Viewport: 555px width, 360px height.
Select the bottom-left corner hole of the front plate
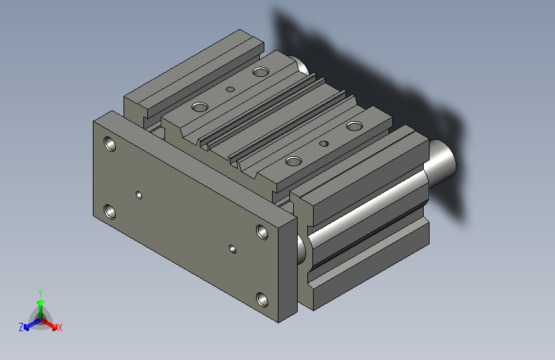pos(109,211)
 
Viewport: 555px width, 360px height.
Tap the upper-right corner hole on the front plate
pos(262,231)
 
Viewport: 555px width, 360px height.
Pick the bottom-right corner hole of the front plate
pos(262,299)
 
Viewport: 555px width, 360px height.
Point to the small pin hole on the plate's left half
pos(139,194)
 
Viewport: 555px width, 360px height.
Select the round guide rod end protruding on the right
pos(442,161)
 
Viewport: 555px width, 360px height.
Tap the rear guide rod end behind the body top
pos(300,66)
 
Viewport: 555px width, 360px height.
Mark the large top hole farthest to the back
pos(260,72)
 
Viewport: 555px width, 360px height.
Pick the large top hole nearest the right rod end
pos(354,126)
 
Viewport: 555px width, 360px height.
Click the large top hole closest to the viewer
pos(294,161)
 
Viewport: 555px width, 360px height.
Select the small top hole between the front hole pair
pos(324,143)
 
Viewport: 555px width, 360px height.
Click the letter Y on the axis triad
pos(40,291)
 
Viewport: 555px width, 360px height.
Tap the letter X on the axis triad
pos(60,327)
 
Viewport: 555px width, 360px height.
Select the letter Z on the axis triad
pos(20,327)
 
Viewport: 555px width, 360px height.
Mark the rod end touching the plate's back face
pos(301,249)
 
